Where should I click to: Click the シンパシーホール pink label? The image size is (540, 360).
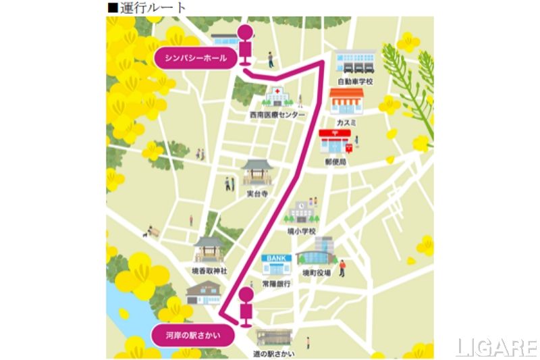pos(196,58)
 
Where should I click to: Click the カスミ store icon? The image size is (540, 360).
pos(346,103)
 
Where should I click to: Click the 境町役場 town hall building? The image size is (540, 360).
pos(315,253)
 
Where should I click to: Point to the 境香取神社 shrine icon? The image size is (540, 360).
pos(209,251)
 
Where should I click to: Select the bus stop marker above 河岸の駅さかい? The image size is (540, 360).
pos(246,306)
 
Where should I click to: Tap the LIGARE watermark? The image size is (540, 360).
pos(496,347)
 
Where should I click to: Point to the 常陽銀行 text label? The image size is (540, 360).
pos(276,284)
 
